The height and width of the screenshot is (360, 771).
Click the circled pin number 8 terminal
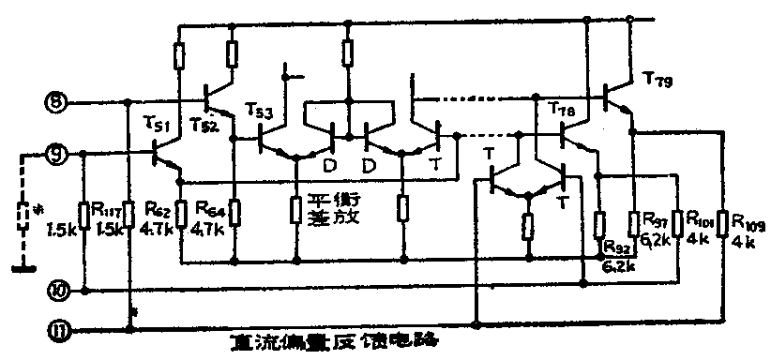(56, 101)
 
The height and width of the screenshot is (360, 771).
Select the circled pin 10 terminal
(56, 291)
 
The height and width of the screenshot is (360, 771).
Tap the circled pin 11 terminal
(56, 329)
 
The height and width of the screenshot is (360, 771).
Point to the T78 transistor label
(560, 110)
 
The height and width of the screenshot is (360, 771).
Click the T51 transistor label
(157, 125)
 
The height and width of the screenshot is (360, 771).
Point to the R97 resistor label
(655, 217)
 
